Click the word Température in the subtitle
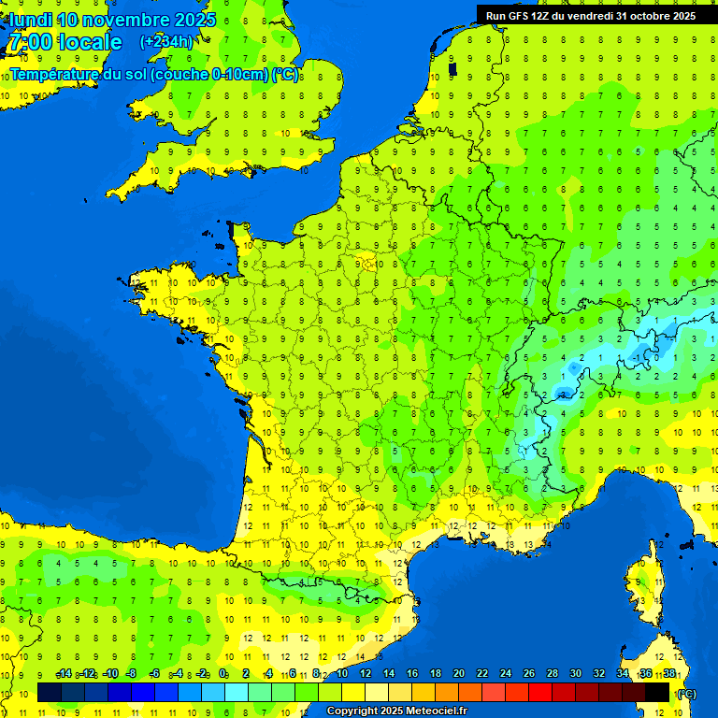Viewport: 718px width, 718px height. click(x=55, y=75)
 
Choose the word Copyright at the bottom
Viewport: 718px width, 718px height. click(x=353, y=711)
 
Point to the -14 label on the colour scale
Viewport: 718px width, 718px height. click(x=64, y=674)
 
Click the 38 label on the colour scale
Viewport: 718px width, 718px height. click(x=669, y=674)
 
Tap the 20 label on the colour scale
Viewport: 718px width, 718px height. click(x=459, y=674)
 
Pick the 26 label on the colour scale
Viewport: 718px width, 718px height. click(x=529, y=674)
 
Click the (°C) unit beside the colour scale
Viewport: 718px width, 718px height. click(x=685, y=693)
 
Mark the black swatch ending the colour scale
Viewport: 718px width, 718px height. click(x=658, y=692)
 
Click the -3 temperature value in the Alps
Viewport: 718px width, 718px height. click(x=564, y=393)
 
